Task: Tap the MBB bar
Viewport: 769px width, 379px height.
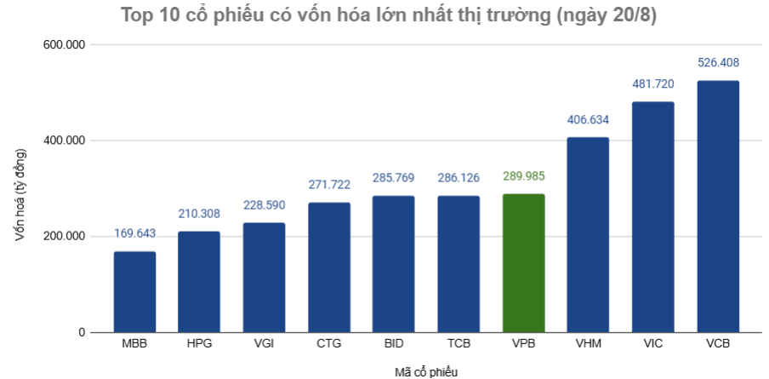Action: (x=134, y=291)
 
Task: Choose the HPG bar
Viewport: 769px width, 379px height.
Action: (x=199, y=281)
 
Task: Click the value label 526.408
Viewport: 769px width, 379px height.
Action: (x=718, y=62)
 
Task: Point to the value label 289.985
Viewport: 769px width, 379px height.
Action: (x=523, y=176)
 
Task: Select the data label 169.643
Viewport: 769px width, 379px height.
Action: (x=134, y=233)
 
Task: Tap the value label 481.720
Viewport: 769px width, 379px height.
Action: (x=652, y=83)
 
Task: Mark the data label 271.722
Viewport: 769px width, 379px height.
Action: (x=328, y=184)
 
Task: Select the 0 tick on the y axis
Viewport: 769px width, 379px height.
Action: (x=82, y=332)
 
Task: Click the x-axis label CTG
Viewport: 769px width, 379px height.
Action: (x=328, y=344)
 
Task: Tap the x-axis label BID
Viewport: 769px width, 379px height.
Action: (x=393, y=344)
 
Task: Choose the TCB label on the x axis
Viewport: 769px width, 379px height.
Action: (x=459, y=344)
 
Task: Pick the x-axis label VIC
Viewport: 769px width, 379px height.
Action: (x=652, y=344)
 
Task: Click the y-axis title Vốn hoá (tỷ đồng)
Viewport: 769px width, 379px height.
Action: (x=21, y=194)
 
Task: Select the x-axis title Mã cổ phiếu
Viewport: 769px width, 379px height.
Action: (x=426, y=370)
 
